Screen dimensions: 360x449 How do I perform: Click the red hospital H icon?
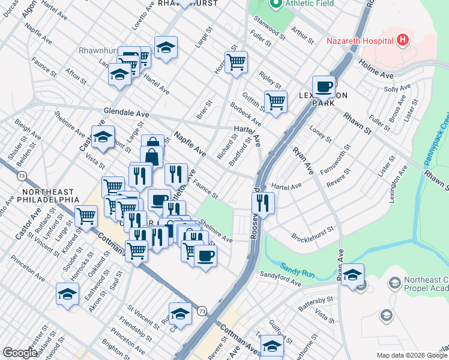403,41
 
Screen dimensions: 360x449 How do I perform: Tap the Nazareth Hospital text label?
359,41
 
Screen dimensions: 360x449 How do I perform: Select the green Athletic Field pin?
276,5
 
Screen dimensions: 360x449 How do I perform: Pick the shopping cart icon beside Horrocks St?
236,62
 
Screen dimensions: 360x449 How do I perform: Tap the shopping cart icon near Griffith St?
276,101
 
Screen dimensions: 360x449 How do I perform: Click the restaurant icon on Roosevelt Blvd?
263,203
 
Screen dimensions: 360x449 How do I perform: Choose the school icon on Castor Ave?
103,137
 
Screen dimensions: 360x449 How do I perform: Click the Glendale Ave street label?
126,113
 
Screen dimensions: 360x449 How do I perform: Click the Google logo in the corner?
20,353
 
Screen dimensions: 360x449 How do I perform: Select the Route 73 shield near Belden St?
22,175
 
